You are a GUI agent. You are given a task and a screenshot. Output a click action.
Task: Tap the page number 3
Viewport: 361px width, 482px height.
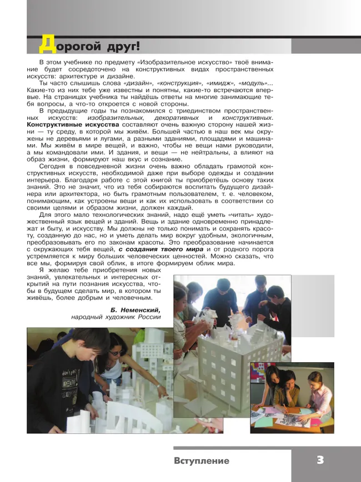(320, 460)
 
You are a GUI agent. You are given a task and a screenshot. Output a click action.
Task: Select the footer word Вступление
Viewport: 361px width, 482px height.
(201, 461)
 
